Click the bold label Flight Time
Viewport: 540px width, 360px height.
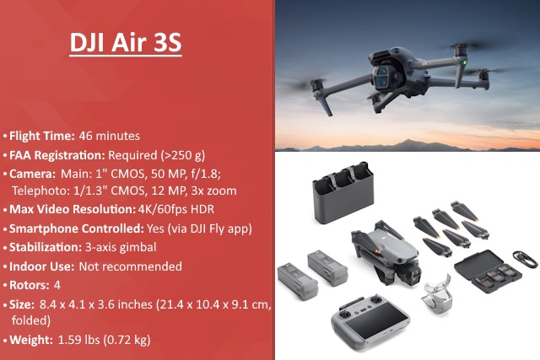pyautogui.click(x=41, y=135)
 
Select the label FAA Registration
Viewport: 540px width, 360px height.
pyautogui.click(x=56, y=155)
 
